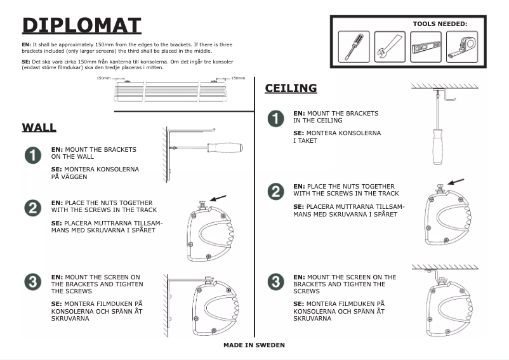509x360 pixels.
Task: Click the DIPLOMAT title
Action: click(x=81, y=25)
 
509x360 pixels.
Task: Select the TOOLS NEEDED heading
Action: click(x=440, y=23)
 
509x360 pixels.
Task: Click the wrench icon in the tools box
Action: click(x=390, y=47)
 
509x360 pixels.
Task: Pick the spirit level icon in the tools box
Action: click(x=425, y=47)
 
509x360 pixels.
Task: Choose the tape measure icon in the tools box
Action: click(x=461, y=47)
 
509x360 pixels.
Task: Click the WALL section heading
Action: click(x=39, y=127)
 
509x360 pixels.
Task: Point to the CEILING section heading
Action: click(x=291, y=88)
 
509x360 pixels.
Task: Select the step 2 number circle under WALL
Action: click(x=32, y=208)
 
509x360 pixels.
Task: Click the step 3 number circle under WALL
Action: click(x=32, y=282)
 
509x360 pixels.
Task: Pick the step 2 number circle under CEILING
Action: click(x=274, y=192)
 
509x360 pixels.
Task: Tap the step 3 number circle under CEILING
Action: click(x=274, y=282)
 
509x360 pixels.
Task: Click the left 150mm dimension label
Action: click(x=103, y=78)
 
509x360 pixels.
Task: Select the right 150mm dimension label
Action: click(x=238, y=78)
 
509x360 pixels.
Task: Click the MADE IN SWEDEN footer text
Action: click(x=254, y=345)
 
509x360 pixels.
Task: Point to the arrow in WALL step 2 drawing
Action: click(x=218, y=199)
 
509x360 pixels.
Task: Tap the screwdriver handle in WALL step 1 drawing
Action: click(x=225, y=147)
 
